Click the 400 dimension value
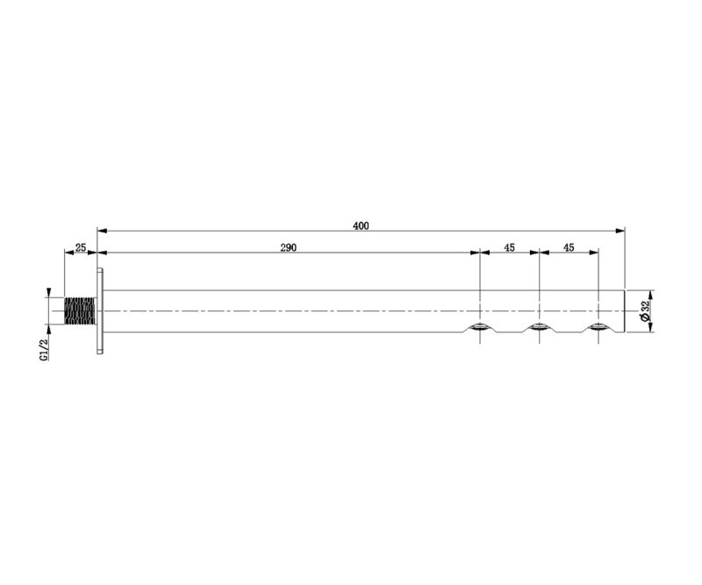(x=361, y=226)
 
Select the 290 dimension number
(x=289, y=247)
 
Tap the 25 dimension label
(x=81, y=247)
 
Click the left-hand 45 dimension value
(x=510, y=247)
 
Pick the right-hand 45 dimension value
(x=569, y=247)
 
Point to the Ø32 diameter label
(x=645, y=311)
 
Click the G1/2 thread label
(x=43, y=350)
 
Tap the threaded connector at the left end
(x=80, y=310)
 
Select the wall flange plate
(x=100, y=310)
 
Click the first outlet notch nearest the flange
(x=480, y=327)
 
